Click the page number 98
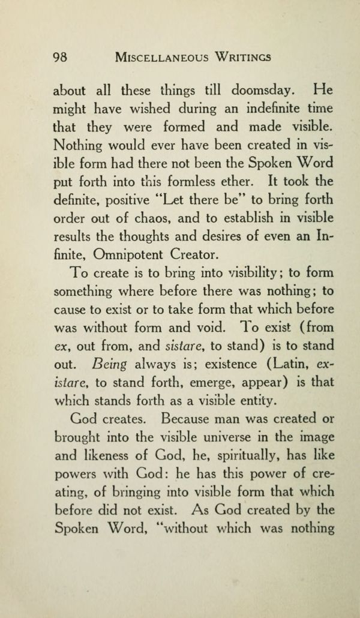[59, 58]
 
